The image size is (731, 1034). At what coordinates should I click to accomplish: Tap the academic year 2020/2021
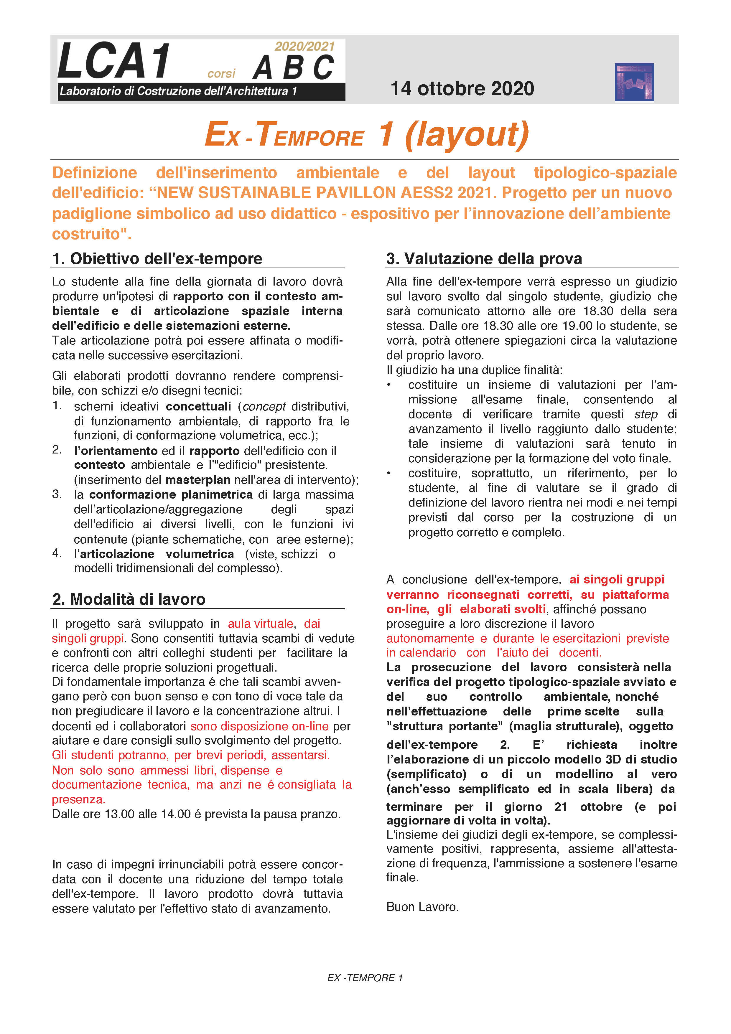(304, 46)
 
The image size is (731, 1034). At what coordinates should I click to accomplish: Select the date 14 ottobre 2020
(462, 89)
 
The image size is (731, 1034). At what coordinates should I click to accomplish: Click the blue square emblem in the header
(634, 83)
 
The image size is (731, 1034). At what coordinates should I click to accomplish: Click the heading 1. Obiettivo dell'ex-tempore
(157, 259)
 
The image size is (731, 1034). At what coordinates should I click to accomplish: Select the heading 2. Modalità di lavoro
(129, 599)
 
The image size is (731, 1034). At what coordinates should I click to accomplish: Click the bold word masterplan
(198, 480)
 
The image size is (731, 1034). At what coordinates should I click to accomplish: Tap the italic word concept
(264, 407)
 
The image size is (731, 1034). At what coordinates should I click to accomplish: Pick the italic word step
(646, 414)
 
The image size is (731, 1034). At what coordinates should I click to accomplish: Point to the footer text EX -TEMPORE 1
(365, 978)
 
